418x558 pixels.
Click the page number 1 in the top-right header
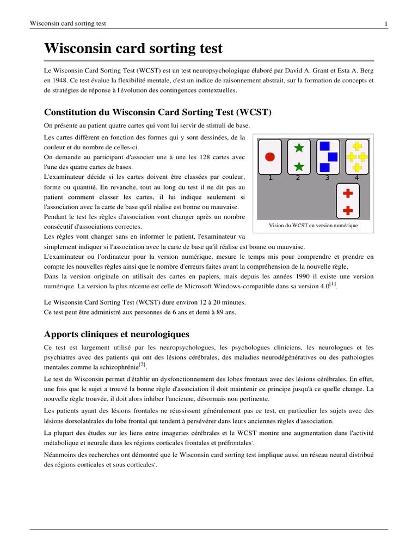click(386, 23)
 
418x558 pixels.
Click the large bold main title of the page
click(133, 48)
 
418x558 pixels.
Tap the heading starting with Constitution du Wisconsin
click(157, 112)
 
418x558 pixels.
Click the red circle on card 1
click(269, 157)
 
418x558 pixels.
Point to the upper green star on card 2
click(298, 148)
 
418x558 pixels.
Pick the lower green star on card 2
click(298, 166)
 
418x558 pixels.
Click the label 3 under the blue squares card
click(327, 178)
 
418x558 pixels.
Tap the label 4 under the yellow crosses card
click(356, 178)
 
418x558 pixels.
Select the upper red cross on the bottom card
click(349, 193)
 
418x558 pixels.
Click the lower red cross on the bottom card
click(349, 210)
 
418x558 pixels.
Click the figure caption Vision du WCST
click(313, 226)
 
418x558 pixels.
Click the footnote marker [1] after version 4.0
click(333, 284)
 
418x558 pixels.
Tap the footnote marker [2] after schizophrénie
click(142, 365)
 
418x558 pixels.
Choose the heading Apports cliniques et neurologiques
click(116, 333)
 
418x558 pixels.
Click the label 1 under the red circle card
click(270, 178)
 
